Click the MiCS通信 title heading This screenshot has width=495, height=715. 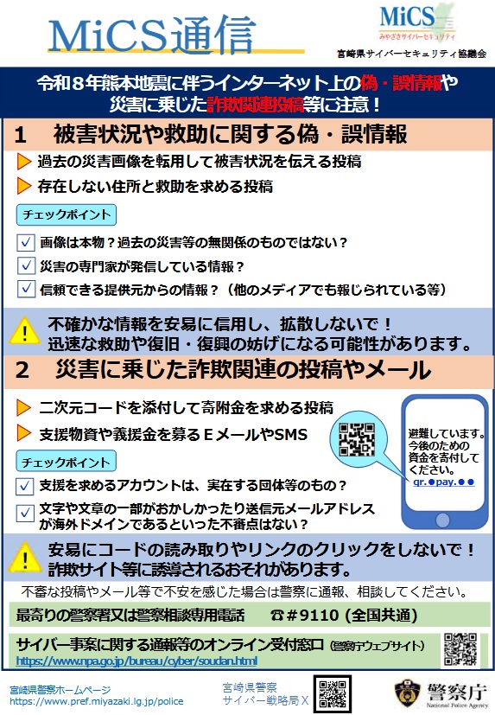coord(151,35)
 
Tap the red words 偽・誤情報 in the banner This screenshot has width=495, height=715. coord(401,82)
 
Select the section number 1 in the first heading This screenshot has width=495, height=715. coord(20,135)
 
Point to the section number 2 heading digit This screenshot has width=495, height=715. coord(22,370)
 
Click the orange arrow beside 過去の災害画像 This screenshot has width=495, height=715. coord(23,161)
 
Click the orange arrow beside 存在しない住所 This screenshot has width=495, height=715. coord(23,186)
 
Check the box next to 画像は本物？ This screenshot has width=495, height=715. coord(26,242)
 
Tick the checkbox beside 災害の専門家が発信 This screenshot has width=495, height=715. coord(26,265)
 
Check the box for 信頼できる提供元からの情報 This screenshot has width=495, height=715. coord(26,289)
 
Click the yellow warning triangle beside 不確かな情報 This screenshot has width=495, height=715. coord(24,329)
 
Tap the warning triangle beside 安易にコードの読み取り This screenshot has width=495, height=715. coord(24,557)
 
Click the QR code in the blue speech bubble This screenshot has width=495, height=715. coord(357,439)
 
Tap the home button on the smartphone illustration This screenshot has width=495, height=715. coord(442,520)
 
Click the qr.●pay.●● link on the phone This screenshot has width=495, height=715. coord(443,482)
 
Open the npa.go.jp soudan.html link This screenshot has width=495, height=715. coord(136,661)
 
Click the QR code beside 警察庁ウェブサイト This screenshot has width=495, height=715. coord(460,649)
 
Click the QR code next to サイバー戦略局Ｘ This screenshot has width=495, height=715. coord(333,694)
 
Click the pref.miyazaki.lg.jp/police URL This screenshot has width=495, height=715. coord(97,701)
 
